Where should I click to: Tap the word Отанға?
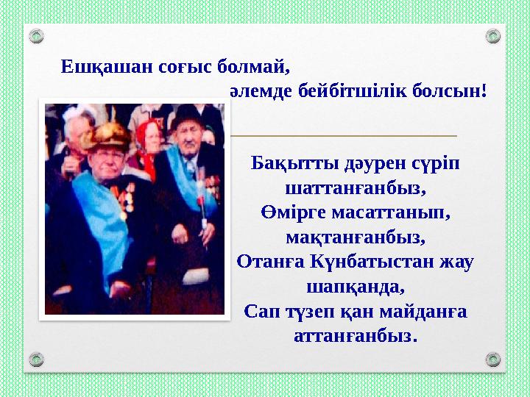(267, 262)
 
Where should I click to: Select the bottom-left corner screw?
(36, 360)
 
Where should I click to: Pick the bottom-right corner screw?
(493, 360)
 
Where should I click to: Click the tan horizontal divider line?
(343, 136)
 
